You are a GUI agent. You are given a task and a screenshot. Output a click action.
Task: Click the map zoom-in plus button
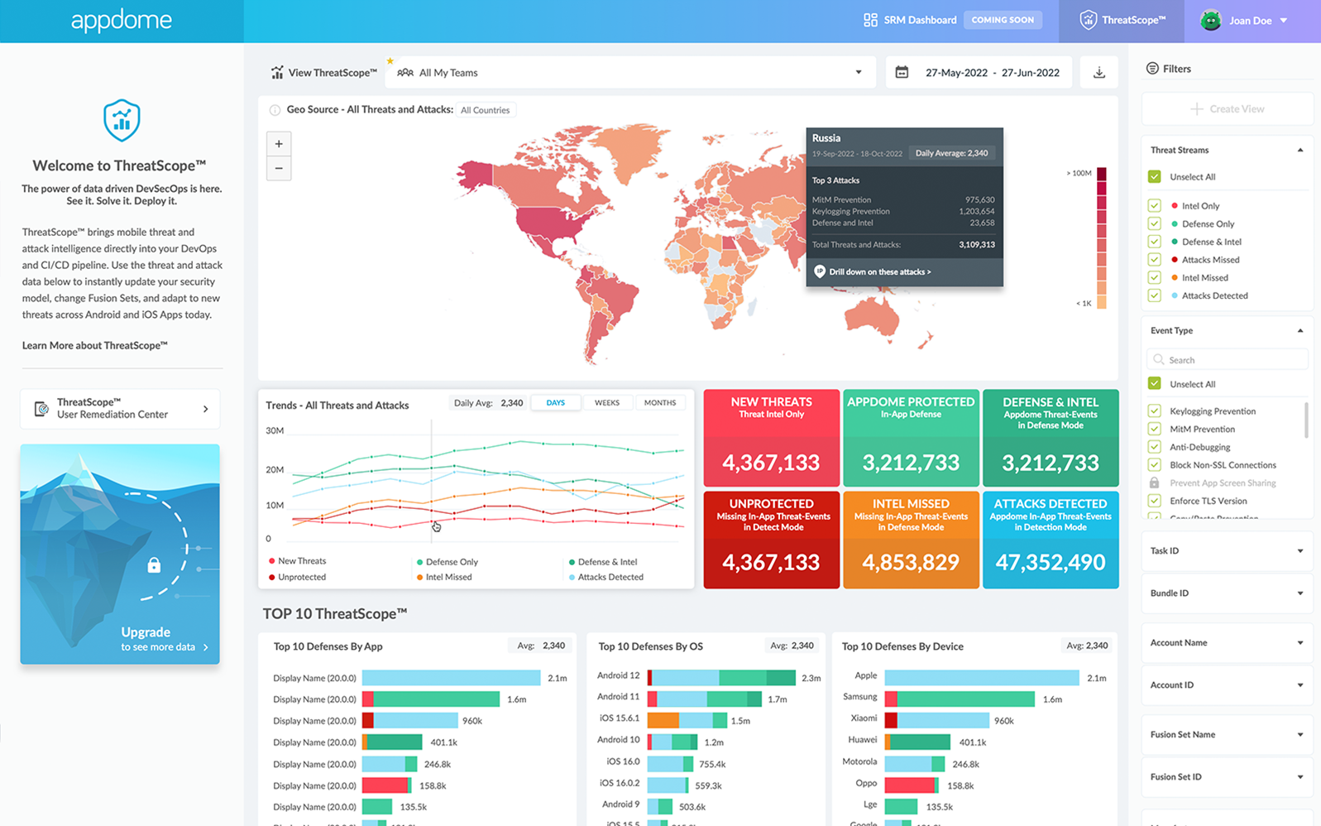coord(279,144)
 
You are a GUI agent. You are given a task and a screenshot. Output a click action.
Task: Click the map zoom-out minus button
coord(279,168)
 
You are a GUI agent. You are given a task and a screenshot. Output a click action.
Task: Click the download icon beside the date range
coord(1098,73)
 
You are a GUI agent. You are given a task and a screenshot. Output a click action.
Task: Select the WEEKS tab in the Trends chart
coord(606,403)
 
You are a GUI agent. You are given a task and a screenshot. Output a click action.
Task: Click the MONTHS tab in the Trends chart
coord(659,403)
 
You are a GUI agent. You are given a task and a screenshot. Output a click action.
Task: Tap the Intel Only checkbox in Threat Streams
coord(1155,205)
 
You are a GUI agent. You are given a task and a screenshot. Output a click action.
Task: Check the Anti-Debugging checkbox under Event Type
coord(1155,447)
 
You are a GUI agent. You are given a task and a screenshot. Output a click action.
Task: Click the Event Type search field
coord(1228,359)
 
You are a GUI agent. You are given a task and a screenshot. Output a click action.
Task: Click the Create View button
coord(1228,108)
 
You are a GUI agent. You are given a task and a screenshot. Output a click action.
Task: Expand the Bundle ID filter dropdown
coord(1227,593)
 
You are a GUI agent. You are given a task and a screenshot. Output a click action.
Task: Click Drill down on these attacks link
coord(879,271)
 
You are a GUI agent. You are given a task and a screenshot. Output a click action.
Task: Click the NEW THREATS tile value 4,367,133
coord(771,463)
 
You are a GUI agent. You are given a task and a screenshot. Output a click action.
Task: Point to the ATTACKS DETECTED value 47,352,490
coord(1051,563)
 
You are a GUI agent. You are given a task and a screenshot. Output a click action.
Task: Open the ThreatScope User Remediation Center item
coord(120,409)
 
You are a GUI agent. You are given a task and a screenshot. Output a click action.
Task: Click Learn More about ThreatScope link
coord(94,345)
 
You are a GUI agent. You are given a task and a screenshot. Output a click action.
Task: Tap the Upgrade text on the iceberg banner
coord(146,632)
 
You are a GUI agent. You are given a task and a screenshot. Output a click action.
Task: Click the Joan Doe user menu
coord(1250,21)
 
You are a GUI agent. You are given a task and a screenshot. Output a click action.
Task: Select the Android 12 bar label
coord(618,676)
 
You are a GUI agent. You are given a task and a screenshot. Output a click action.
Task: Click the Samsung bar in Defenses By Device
coord(960,699)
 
